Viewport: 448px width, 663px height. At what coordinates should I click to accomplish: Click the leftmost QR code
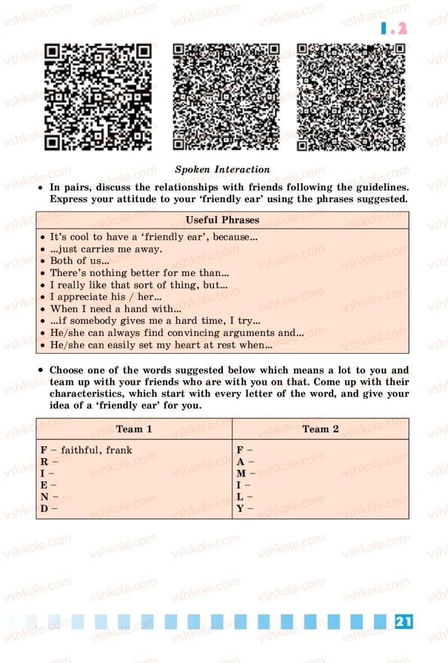[x=98, y=97]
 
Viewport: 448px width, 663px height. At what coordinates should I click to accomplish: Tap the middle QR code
[x=226, y=97]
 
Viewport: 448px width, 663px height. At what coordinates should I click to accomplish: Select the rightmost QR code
[x=351, y=97]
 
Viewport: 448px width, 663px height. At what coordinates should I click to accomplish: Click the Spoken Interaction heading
[x=222, y=169]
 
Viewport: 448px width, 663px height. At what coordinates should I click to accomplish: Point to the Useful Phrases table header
[x=222, y=220]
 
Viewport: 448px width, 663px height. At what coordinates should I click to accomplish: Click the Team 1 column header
[x=134, y=429]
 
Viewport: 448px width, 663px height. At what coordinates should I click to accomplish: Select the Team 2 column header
[x=320, y=429]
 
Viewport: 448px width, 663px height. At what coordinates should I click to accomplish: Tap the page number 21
[x=403, y=621]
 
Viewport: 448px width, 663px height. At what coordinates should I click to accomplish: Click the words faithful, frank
[x=96, y=450]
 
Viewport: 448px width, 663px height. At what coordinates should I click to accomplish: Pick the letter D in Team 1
[x=44, y=509]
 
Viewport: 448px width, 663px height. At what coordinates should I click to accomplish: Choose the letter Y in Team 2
[x=240, y=509]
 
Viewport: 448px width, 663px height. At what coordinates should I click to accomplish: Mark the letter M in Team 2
[x=241, y=474]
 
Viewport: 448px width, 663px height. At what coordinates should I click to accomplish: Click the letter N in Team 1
[x=44, y=497]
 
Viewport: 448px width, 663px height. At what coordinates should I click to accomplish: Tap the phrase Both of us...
[x=78, y=260]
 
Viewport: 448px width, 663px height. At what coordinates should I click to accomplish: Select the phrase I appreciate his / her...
[x=106, y=297]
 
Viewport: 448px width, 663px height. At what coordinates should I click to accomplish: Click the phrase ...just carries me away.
[x=106, y=249]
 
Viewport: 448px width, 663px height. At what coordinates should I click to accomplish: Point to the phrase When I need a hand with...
[x=115, y=309]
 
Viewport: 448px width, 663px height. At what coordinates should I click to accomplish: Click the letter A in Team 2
[x=240, y=462]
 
